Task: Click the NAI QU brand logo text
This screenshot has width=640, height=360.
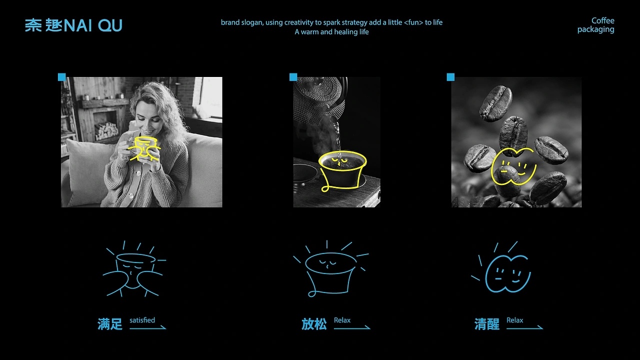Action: click(73, 25)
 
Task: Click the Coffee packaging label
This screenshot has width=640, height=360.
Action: click(596, 25)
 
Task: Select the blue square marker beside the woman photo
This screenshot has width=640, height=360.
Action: click(61, 77)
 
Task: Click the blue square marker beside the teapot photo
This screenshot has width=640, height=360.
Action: click(293, 77)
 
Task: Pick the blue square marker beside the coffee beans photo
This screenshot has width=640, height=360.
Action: click(450, 77)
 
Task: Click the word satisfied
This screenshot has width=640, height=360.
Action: click(142, 320)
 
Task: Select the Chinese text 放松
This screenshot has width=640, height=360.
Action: click(314, 324)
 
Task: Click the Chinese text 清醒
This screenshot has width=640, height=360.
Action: click(487, 324)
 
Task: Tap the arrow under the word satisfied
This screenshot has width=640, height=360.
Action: click(147, 328)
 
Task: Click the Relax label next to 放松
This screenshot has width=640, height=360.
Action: click(342, 320)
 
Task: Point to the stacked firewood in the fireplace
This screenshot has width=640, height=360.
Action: click(106, 131)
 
